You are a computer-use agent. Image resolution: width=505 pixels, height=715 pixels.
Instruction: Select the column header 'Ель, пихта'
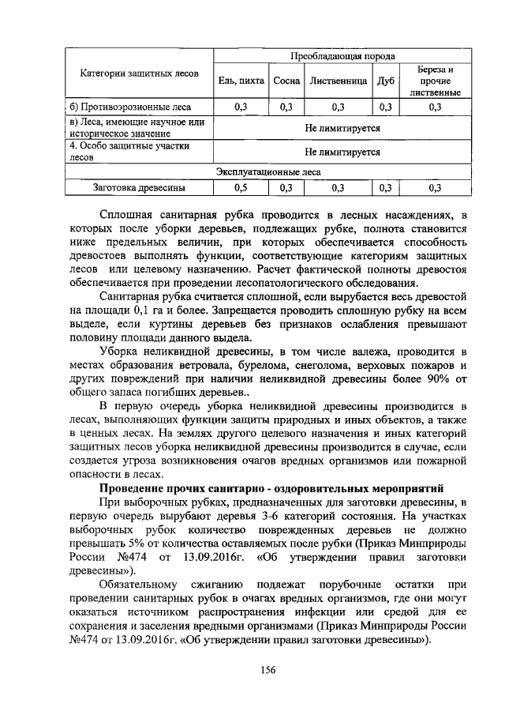pos(241,81)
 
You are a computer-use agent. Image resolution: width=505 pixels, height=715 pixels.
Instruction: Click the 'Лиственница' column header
pos(338,81)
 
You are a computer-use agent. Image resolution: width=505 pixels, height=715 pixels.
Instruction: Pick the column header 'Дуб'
pos(386,81)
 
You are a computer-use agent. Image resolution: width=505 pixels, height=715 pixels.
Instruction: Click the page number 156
pos(267,671)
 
